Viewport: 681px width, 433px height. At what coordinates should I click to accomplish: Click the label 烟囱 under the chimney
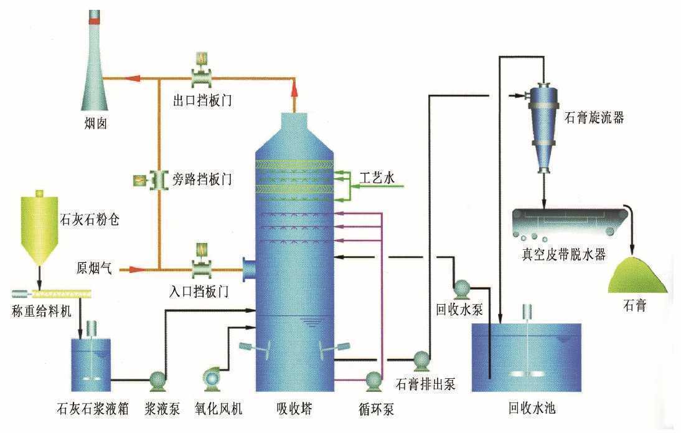pos(95,124)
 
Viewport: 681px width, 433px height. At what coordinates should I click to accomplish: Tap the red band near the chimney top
pos(95,21)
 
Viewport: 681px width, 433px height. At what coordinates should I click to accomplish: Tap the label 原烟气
pos(94,269)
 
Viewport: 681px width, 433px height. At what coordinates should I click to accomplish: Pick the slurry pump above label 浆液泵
pos(157,380)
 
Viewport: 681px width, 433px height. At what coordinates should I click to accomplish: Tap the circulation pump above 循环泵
pos(373,381)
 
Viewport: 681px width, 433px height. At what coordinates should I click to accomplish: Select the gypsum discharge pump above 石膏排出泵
pos(421,360)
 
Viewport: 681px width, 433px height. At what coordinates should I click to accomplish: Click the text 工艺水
pos(377,178)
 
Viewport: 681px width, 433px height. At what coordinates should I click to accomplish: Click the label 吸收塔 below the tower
pos(294,409)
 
